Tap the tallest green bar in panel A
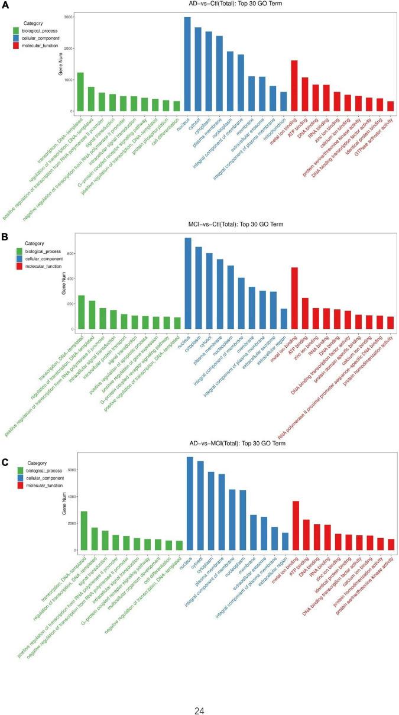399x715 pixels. [x=80, y=92]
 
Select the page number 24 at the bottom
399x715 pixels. [x=199, y=694]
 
